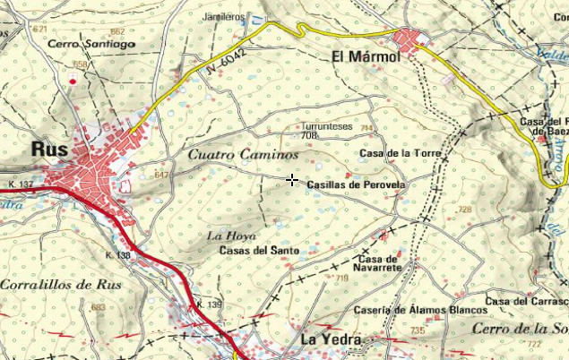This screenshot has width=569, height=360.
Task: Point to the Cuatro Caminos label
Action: [231, 154]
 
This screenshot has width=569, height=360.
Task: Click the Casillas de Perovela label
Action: [357, 184]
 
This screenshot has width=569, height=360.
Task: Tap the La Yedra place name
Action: [330, 339]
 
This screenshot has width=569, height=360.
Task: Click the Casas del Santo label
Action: [258, 250]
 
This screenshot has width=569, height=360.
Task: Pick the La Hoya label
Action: [226, 236]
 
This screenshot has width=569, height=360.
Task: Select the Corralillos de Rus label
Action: [60, 284]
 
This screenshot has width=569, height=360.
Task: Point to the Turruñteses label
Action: [326, 127]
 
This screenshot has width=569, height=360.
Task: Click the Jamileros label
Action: [223, 17]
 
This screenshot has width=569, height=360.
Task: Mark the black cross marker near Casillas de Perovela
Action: [292, 181]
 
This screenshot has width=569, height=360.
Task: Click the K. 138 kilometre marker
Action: [117, 256]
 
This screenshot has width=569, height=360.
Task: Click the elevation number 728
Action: [463, 210]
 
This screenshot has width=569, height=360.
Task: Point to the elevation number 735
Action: [417, 331]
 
